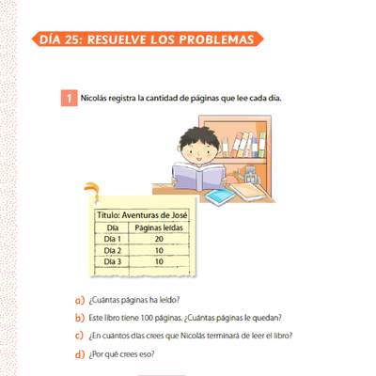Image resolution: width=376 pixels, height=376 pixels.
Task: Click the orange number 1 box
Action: [69, 98]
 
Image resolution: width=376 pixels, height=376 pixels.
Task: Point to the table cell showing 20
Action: [159, 239]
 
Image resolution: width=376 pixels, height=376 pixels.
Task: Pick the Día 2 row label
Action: [113, 250]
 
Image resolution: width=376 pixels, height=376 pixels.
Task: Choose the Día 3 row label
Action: [113, 261]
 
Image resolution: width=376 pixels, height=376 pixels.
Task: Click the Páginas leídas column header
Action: [159, 227]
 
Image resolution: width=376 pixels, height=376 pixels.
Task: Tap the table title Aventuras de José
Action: [155, 215]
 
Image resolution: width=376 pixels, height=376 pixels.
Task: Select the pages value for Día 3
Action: [159, 261]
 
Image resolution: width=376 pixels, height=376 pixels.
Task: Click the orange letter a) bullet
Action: [80, 300]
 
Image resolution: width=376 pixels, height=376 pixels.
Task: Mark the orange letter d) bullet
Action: [80, 354]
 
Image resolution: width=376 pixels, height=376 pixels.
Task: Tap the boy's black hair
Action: [198, 137]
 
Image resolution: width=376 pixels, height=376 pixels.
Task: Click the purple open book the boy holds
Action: [199, 177]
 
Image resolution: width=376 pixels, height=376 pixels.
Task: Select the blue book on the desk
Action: [220, 196]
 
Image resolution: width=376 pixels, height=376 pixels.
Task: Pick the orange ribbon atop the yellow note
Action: [93, 190]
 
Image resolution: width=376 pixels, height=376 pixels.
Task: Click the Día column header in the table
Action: [113, 227]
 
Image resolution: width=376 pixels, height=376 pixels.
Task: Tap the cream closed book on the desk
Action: [248, 192]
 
